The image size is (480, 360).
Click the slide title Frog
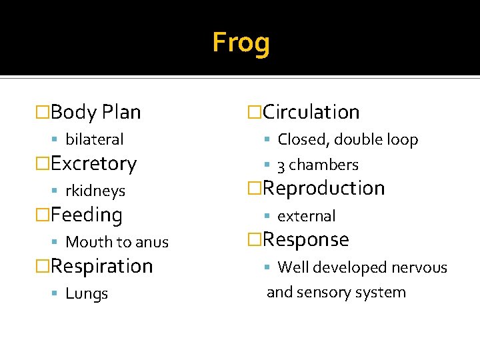(241, 43)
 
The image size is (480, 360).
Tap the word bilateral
(95, 139)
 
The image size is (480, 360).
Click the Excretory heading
(93, 163)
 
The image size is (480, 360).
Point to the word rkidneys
(95, 191)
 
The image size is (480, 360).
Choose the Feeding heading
(87, 215)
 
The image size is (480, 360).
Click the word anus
(153, 242)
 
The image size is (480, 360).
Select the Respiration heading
(101, 266)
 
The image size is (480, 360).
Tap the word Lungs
(87, 293)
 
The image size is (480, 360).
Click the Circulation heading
(311, 112)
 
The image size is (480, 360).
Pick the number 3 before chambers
(281, 165)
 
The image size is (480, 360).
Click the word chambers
(324, 165)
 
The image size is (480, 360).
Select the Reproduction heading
(323, 188)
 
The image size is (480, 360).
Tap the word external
(306, 216)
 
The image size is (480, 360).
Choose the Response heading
(306, 239)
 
